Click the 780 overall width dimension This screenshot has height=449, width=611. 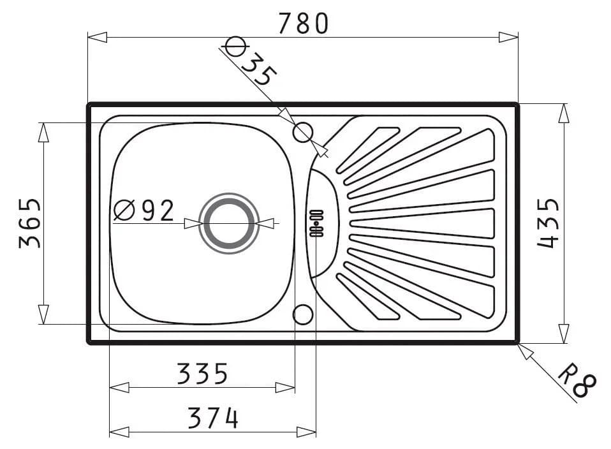304,24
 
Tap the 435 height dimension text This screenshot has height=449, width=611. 548,223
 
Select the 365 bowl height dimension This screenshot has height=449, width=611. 29,223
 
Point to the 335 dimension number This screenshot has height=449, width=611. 202,373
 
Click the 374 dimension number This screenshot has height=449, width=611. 213,418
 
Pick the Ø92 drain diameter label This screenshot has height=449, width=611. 144,210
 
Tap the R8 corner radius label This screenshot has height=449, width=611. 577,381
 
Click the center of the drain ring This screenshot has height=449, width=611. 229,223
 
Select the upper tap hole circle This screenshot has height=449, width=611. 303,133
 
